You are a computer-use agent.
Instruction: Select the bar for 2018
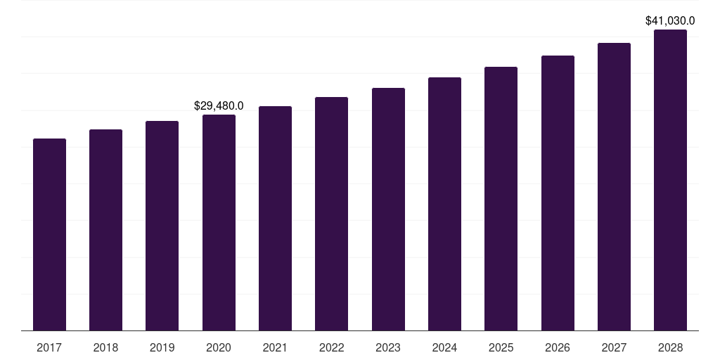point(105,230)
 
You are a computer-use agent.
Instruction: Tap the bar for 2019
point(162,226)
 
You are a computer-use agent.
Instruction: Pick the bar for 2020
point(219,222)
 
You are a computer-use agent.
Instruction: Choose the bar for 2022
point(331,214)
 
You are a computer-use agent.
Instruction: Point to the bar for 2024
point(444,204)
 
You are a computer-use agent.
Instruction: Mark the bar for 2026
point(558,193)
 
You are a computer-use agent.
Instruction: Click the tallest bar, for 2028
point(670,180)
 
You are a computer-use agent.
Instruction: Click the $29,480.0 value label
point(219,105)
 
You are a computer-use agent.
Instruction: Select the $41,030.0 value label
point(670,21)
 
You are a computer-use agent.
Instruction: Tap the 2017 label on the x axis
point(49,347)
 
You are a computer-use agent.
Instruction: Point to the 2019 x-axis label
point(162,347)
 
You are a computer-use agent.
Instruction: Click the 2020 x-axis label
point(219,347)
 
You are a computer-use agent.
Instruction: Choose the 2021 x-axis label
point(275,347)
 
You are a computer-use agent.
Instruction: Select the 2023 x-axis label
point(388,347)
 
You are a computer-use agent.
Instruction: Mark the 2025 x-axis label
point(501,347)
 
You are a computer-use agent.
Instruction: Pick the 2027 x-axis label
point(614,347)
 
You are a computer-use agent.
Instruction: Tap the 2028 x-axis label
point(670,347)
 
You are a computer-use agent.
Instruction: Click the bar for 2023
point(388,209)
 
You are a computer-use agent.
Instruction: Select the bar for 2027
point(614,186)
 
